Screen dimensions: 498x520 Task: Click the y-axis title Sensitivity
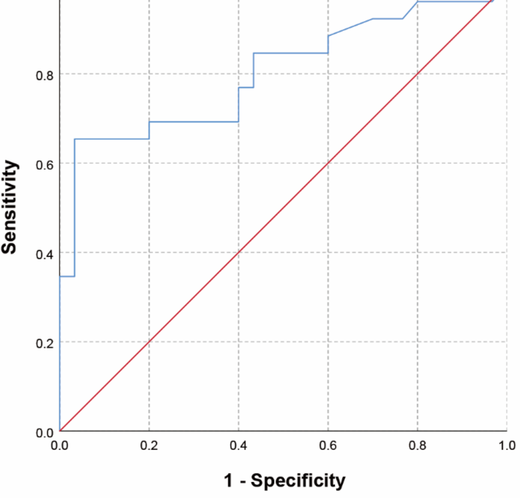coord(10,207)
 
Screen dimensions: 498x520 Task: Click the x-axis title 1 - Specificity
coord(285,480)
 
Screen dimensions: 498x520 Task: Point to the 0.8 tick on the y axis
coord(44,75)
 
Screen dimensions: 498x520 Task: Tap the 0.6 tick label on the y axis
coord(44,164)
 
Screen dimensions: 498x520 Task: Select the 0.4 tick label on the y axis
coord(44,254)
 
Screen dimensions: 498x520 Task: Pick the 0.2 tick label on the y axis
coord(44,343)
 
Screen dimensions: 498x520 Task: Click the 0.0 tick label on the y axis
coord(44,433)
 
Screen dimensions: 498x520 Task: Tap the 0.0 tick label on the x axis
coord(59,446)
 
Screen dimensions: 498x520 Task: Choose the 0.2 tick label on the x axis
coord(149,446)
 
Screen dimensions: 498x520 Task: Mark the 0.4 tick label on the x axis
coord(238,446)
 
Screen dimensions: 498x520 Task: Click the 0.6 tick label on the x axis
coord(328,446)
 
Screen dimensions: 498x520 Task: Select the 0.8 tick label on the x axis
coord(417,446)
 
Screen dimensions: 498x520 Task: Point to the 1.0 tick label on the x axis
coord(506,446)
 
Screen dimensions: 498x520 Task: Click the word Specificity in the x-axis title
coord(298,480)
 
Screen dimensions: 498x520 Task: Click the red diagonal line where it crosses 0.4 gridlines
coord(238,252)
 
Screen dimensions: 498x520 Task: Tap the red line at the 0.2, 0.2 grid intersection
coord(149,342)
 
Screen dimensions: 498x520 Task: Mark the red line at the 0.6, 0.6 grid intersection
coord(328,163)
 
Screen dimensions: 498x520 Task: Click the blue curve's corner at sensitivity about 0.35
coord(74,276)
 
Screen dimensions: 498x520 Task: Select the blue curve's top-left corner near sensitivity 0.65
coord(74,139)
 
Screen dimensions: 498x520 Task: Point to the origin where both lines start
coord(60,431)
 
